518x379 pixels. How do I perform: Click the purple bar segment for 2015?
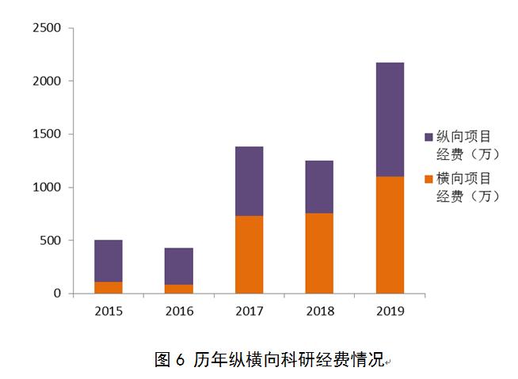(x=108, y=260)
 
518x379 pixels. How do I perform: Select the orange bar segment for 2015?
(x=108, y=287)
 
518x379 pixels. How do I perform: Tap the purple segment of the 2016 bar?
(x=178, y=266)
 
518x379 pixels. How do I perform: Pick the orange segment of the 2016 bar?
(x=178, y=289)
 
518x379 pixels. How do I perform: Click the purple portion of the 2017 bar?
(x=249, y=181)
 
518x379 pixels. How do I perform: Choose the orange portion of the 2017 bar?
(x=249, y=254)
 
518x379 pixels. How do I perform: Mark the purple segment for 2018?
(x=319, y=187)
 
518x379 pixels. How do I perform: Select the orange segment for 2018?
(x=319, y=253)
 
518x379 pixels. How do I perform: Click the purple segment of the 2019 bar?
(x=390, y=119)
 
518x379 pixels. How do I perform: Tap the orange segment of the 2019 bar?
(x=390, y=234)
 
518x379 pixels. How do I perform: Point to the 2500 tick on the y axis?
(x=46, y=28)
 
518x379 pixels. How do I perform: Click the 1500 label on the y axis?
(x=46, y=135)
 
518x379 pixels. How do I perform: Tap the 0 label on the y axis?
(x=57, y=294)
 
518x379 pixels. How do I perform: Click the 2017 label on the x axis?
(x=249, y=311)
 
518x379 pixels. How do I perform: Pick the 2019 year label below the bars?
(x=390, y=311)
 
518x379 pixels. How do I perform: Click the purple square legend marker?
(x=428, y=137)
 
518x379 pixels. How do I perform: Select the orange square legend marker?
(x=428, y=180)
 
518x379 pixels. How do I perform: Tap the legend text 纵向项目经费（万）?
(x=468, y=145)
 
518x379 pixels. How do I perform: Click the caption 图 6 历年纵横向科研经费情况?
(x=269, y=360)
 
